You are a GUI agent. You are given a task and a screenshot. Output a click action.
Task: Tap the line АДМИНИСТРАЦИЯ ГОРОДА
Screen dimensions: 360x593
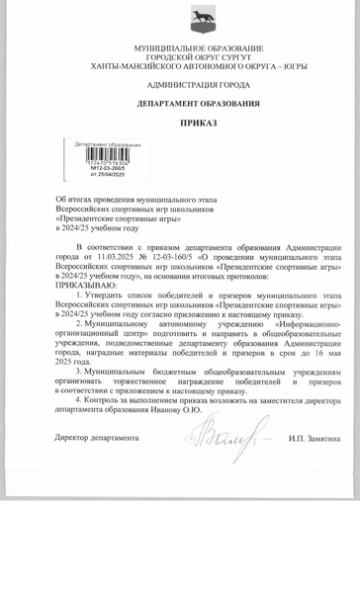pyautogui.click(x=198, y=85)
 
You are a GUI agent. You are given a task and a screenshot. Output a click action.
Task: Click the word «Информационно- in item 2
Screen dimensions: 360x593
pyautogui.click(x=302, y=323)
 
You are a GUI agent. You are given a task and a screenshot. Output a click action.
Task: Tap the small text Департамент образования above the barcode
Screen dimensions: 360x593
pyautogui.click(x=108, y=144)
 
